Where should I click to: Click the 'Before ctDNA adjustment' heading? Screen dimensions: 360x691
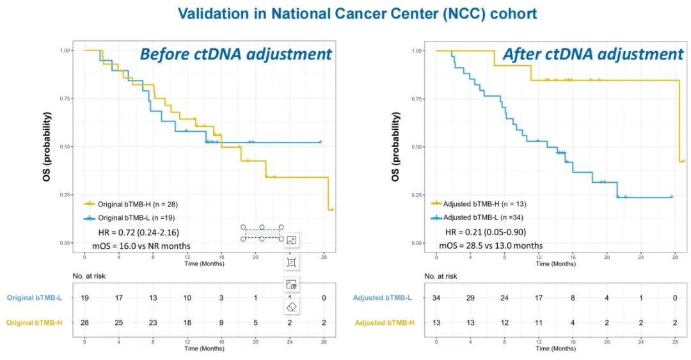(236, 54)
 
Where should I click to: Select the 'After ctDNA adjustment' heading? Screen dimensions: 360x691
(592, 54)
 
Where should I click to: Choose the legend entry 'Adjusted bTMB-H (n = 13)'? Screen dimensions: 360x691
(485, 204)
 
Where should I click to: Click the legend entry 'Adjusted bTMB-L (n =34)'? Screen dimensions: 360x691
(484, 217)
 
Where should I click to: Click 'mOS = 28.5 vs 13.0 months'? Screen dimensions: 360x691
(491, 246)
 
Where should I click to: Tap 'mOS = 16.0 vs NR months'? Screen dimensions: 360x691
(141, 246)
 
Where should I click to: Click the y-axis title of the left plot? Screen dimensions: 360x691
(46, 146)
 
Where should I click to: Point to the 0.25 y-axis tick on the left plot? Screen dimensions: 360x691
(65, 194)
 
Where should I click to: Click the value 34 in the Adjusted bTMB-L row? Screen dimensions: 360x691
(436, 299)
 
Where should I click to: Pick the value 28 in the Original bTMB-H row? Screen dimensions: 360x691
(84, 323)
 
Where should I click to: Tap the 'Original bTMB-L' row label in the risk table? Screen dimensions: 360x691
(35, 298)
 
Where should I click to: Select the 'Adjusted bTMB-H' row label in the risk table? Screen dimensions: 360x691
(385, 323)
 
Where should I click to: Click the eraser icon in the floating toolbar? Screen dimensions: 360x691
(291, 307)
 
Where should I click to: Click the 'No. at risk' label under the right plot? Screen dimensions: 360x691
(440, 276)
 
